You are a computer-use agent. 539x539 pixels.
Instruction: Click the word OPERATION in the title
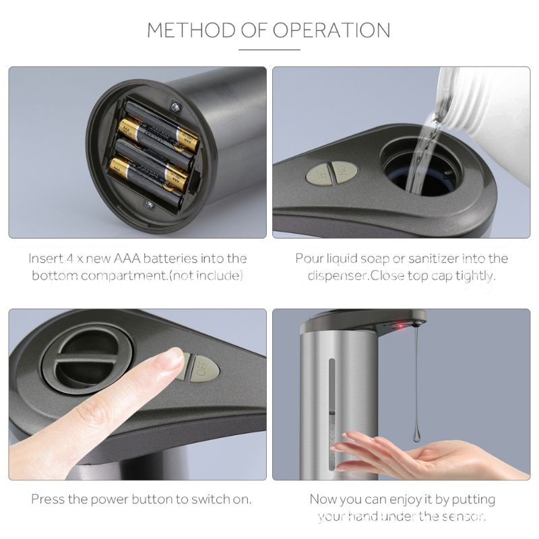click(x=331, y=30)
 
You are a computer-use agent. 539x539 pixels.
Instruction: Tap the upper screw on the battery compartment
click(x=177, y=107)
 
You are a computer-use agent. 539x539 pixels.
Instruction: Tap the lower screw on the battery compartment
click(x=149, y=205)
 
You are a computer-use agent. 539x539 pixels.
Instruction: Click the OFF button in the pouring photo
click(x=319, y=175)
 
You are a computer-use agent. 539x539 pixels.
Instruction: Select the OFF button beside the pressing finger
click(x=203, y=368)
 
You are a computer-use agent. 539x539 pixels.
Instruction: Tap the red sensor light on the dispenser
click(x=400, y=325)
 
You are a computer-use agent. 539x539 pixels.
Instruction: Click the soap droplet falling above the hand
click(x=416, y=435)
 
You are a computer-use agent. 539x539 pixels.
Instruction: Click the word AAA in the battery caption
click(x=127, y=259)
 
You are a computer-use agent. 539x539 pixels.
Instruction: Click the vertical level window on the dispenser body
click(x=331, y=415)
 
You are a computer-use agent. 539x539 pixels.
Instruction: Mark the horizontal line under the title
click(x=269, y=50)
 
